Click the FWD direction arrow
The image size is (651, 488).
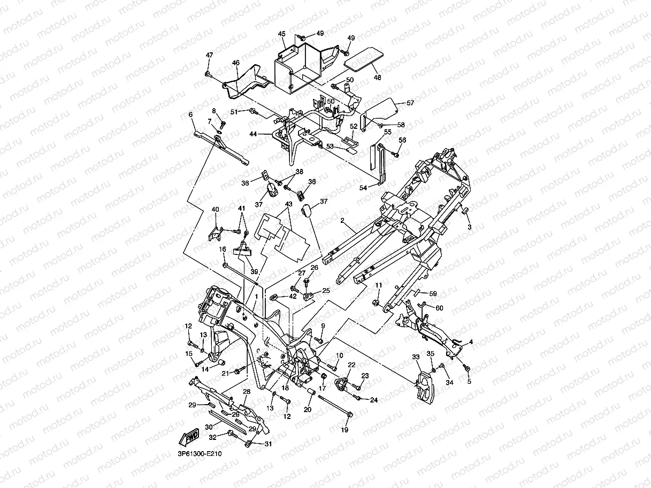coord(190,436)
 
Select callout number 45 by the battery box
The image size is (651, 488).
coord(282,34)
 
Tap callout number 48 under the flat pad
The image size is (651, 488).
coord(378,77)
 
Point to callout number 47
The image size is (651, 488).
coord(209,55)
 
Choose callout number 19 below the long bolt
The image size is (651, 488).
coord(344,429)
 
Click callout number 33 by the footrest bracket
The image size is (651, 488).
coord(416,357)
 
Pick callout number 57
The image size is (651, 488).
coord(410,102)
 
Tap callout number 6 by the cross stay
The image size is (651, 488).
coord(190,114)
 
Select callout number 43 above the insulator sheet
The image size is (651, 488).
coord(288,204)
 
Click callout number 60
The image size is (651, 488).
coord(439,308)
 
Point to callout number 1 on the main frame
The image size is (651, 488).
coord(257,296)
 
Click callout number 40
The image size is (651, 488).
coord(216,209)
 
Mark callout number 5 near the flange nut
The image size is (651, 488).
coord(470,382)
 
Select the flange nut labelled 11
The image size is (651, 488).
coord(377,304)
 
